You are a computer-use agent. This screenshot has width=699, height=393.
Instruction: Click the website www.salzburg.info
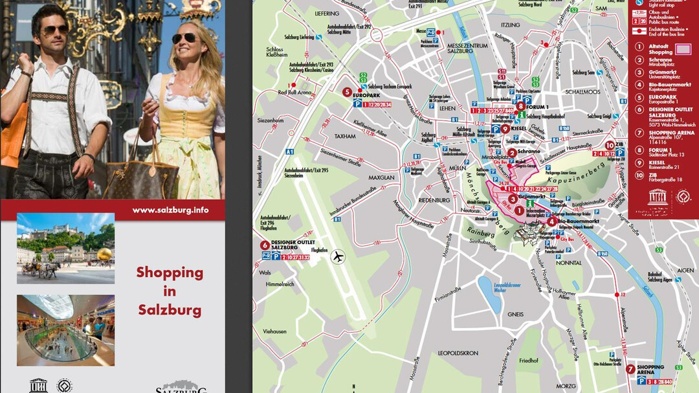[x=170, y=210]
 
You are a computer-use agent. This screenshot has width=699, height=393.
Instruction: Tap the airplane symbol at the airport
[x=337, y=256]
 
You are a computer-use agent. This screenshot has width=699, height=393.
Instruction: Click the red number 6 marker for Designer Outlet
[x=265, y=245]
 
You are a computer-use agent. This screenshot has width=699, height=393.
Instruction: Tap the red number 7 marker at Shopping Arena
[x=630, y=369]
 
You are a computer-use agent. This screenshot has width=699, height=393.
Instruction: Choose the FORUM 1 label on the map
[x=538, y=107]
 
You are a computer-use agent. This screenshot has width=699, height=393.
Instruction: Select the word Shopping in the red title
[x=170, y=273]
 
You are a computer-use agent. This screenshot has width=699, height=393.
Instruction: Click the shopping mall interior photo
[x=65, y=330]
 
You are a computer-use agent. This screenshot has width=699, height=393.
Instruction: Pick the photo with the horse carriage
[x=65, y=248]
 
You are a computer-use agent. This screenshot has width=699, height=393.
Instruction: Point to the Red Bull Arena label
[x=295, y=93]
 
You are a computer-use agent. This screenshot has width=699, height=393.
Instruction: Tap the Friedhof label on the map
[x=529, y=360]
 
